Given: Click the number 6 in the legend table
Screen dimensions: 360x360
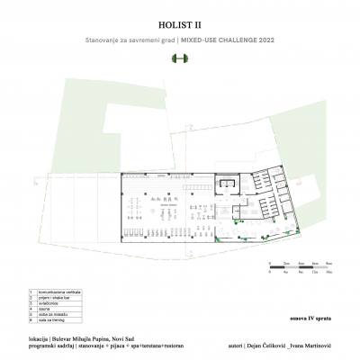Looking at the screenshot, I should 31,320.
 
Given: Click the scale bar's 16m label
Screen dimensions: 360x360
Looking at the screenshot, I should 329,270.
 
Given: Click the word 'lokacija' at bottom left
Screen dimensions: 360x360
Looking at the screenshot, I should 40,338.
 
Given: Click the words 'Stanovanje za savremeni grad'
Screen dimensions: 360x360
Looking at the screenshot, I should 121,41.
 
